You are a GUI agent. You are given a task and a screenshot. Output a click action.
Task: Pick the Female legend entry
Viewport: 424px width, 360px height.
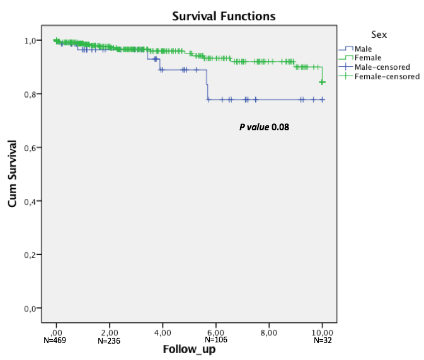point(368,58)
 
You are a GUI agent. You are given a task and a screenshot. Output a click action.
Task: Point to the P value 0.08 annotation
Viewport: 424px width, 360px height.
point(263,127)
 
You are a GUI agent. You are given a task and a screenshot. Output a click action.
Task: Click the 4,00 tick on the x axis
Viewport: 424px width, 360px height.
point(163,332)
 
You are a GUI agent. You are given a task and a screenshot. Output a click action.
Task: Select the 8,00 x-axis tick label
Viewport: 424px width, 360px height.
point(269,332)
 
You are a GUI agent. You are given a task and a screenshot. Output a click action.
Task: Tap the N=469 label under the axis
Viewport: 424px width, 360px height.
point(56,340)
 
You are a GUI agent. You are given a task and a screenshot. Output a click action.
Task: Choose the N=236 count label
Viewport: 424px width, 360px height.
point(109,340)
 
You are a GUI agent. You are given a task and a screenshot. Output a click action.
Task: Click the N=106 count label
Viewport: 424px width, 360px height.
point(215,340)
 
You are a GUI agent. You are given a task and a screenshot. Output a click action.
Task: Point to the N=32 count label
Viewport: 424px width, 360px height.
point(322,340)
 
